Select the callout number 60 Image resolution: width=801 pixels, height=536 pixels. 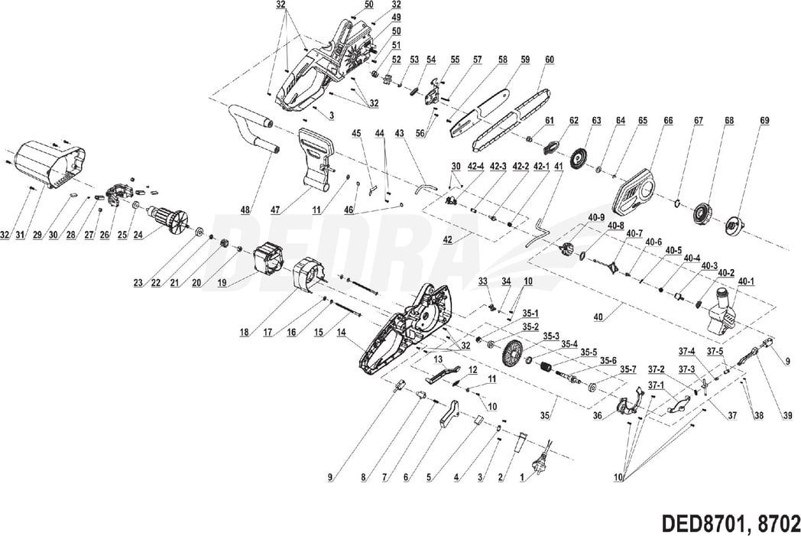click(550, 60)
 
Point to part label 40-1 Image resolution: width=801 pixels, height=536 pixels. click(747, 281)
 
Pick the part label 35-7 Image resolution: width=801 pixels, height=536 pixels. click(628, 369)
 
